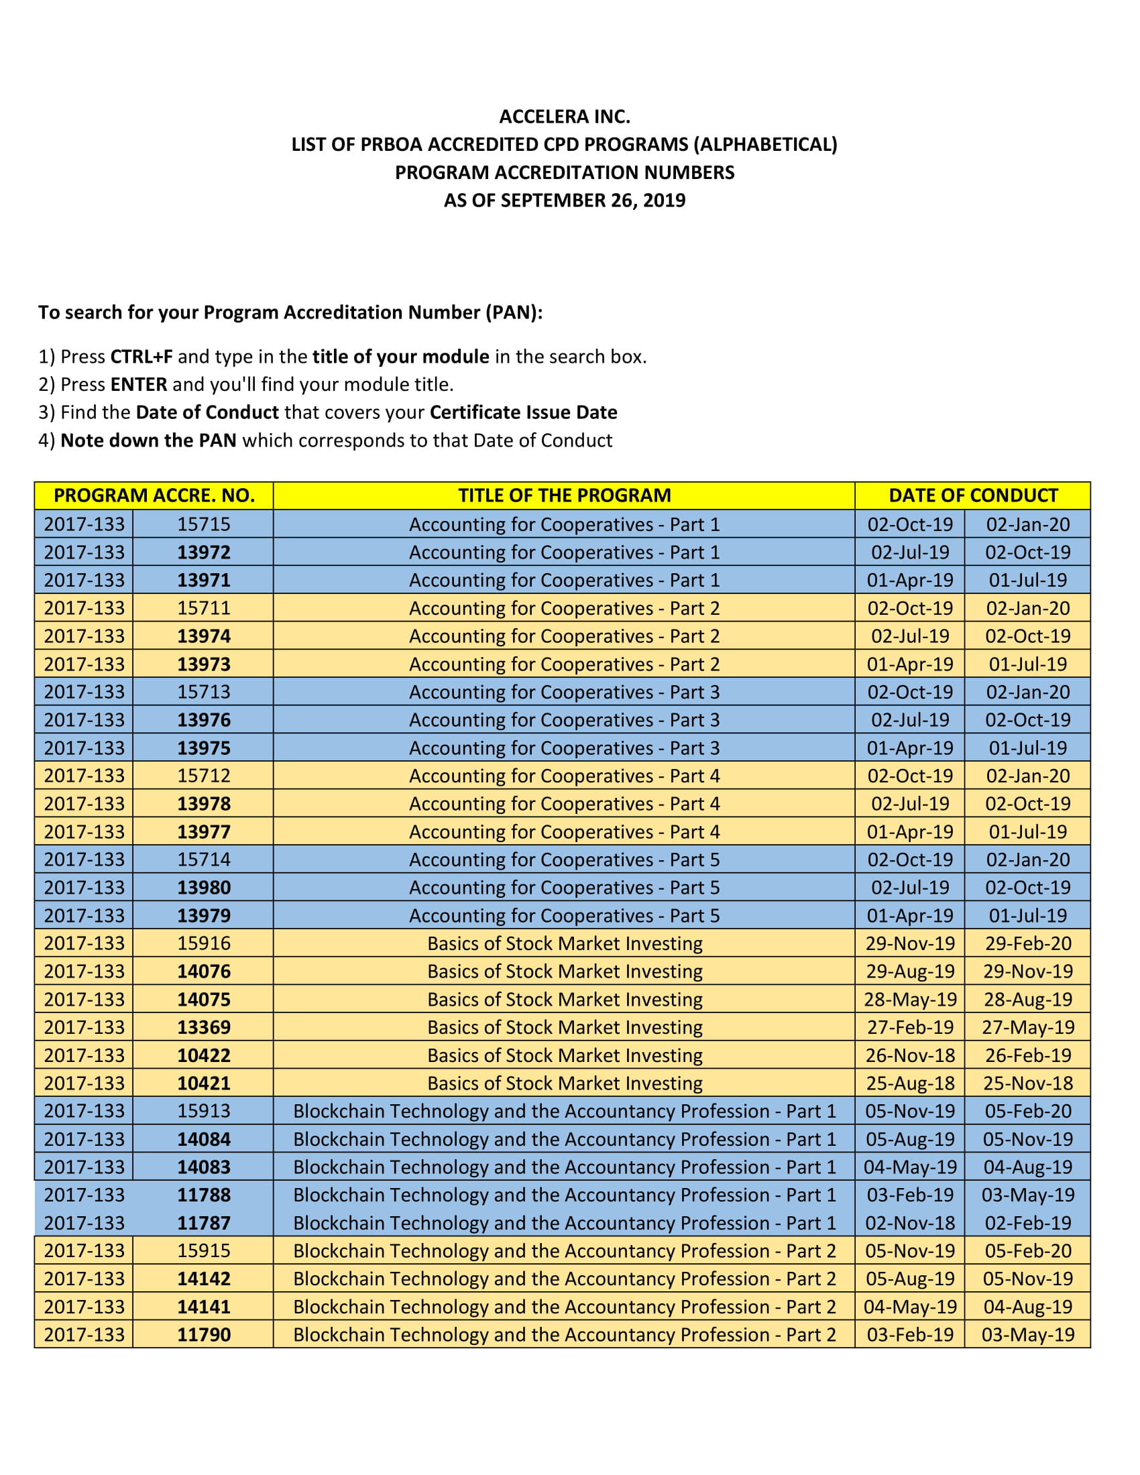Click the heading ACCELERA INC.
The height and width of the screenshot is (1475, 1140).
click(564, 117)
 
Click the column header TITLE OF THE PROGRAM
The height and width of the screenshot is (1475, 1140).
click(564, 495)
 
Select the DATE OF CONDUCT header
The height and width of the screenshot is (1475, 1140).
click(972, 495)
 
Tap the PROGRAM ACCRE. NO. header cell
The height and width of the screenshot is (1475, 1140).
click(154, 495)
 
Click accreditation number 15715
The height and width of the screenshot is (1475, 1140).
click(203, 524)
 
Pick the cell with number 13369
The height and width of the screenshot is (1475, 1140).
click(203, 1027)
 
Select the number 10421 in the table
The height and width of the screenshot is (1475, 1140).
click(203, 1083)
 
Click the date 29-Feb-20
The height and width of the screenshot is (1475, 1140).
click(1027, 943)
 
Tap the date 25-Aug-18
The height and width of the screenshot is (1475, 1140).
click(910, 1083)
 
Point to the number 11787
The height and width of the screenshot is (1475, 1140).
click(203, 1223)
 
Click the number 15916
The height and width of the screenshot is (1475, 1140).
click(203, 943)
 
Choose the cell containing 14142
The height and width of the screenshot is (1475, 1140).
click(203, 1279)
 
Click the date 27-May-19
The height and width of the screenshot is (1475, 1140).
click(1027, 1027)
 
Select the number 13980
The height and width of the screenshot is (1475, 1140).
click(203, 888)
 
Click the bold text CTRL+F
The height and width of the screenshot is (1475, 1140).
click(141, 357)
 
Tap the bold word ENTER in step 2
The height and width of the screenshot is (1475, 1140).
click(138, 384)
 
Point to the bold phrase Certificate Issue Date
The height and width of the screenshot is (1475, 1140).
click(523, 412)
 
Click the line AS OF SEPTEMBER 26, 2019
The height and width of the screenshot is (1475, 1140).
click(564, 200)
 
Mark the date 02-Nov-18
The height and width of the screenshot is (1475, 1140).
click(910, 1223)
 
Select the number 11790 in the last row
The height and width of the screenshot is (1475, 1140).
click(203, 1334)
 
